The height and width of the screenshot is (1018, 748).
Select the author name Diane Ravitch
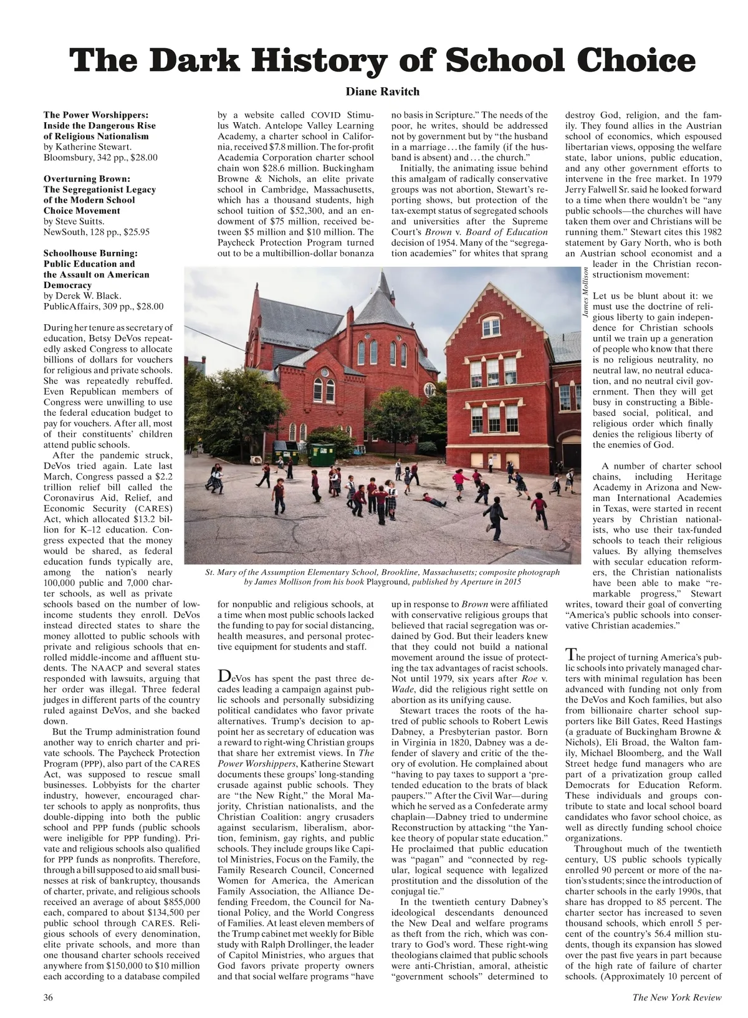(x=383, y=92)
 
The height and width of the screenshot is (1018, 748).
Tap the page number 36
(x=49, y=997)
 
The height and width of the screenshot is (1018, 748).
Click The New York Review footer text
(x=677, y=997)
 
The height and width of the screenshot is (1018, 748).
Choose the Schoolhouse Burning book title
(x=91, y=253)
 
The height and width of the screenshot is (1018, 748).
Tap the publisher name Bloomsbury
(x=68, y=157)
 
